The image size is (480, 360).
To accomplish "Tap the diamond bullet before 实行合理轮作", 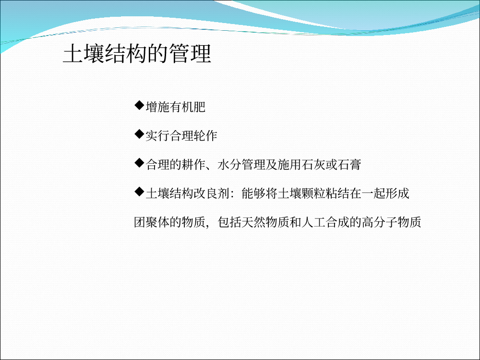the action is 139,134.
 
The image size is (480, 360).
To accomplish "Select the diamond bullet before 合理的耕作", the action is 139,163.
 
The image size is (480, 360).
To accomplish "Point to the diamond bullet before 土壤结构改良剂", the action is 139,192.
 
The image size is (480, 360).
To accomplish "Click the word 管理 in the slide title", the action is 190,54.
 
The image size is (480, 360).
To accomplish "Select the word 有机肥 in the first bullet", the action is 187,107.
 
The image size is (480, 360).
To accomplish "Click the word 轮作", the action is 205,136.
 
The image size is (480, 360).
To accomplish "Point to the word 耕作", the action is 193,164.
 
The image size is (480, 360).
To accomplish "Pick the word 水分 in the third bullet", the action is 229,164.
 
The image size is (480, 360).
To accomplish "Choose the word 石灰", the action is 313,164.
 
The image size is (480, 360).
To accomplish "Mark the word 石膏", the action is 349,164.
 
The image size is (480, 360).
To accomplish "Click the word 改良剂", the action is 211,193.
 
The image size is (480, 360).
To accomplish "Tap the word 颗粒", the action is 313,193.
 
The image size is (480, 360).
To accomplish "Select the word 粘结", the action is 337,193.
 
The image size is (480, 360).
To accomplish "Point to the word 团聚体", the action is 152,222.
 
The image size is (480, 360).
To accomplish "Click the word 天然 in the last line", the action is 253,222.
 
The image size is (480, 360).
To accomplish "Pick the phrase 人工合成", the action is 325,222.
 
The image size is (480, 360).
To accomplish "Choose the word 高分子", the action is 379,222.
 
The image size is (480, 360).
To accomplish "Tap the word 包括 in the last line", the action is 229,222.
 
